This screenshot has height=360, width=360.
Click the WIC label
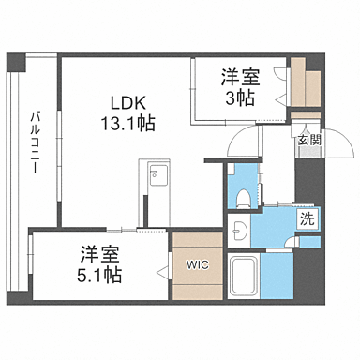198,263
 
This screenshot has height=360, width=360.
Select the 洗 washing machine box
307,219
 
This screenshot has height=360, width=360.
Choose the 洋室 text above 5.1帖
99,253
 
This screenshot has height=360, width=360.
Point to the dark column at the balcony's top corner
15,64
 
